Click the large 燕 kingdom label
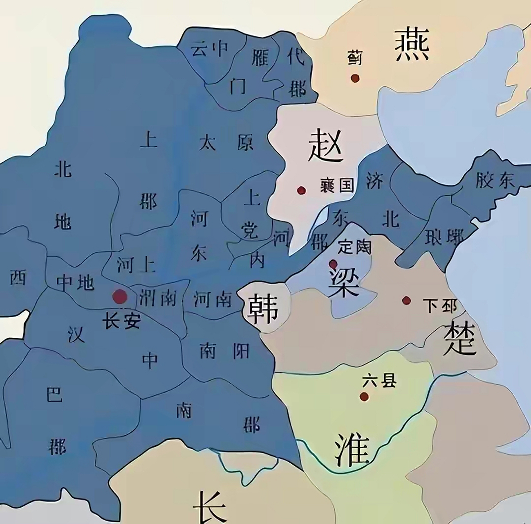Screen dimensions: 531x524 pyautogui.click(x=412, y=44)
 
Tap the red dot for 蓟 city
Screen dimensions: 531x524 pyautogui.click(x=355, y=78)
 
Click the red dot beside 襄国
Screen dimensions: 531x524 pyautogui.click(x=302, y=190)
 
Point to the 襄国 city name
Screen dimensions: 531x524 pyautogui.click(x=337, y=185)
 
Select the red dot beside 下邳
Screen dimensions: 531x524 pyautogui.click(x=406, y=300)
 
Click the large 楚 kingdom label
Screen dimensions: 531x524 pyautogui.click(x=460, y=338)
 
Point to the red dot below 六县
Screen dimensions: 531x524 pyautogui.click(x=364, y=396)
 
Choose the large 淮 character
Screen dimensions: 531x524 pyautogui.click(x=352, y=449)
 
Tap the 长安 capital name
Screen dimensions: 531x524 pyautogui.click(x=121, y=320)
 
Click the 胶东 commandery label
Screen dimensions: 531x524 pyautogui.click(x=495, y=180)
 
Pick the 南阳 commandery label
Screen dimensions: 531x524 pyautogui.click(x=224, y=351)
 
